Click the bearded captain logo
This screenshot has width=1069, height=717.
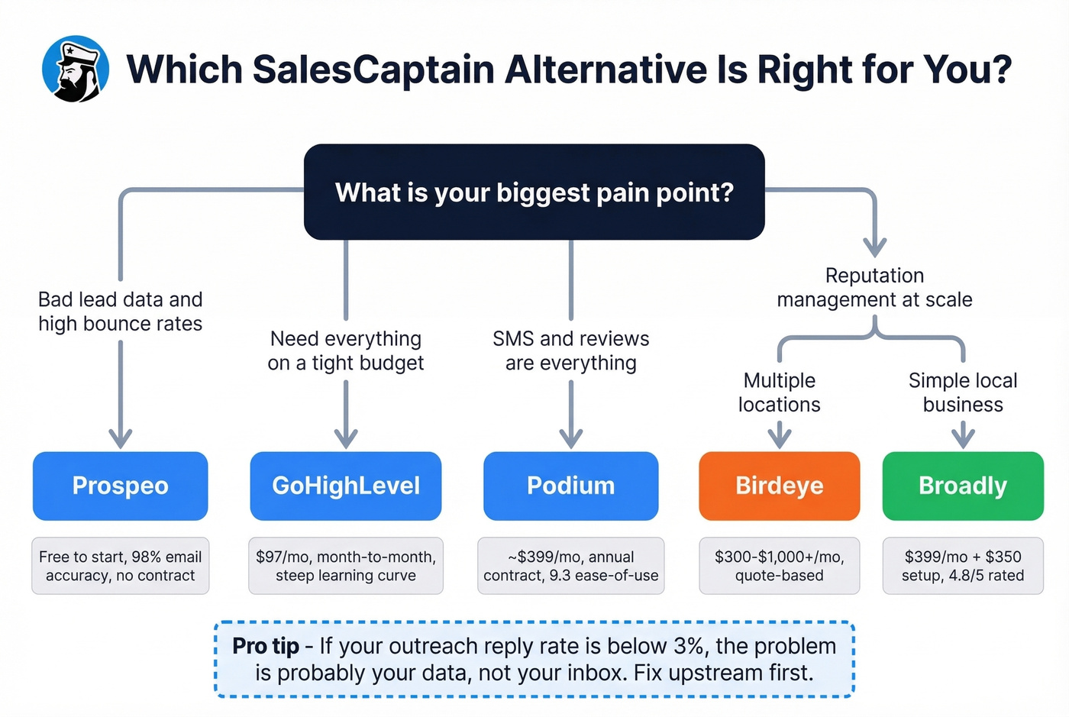click(75, 69)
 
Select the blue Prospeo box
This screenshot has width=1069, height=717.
click(120, 486)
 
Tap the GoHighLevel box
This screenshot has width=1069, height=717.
click(346, 486)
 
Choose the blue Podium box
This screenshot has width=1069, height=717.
click(570, 486)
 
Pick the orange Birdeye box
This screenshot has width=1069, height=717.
click(779, 486)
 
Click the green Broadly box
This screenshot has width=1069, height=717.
click(963, 486)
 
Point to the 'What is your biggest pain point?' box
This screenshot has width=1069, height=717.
click(534, 192)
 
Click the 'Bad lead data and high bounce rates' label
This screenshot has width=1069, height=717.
click(120, 312)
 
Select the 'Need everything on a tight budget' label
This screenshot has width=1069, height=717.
click(346, 350)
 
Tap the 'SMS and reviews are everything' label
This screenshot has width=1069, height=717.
click(570, 350)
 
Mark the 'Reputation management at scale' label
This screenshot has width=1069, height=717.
click(874, 287)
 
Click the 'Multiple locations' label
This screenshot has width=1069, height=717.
click(779, 392)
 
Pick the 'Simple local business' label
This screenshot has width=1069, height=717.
click(963, 392)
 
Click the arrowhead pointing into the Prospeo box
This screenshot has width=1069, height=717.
click(120, 439)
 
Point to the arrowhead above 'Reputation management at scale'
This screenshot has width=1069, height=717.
click(874, 247)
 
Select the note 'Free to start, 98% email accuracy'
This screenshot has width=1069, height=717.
click(120, 566)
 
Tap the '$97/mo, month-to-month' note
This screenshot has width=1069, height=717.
click(346, 566)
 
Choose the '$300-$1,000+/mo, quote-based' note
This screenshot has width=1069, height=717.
click(779, 566)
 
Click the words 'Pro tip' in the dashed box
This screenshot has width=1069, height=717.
click(266, 646)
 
